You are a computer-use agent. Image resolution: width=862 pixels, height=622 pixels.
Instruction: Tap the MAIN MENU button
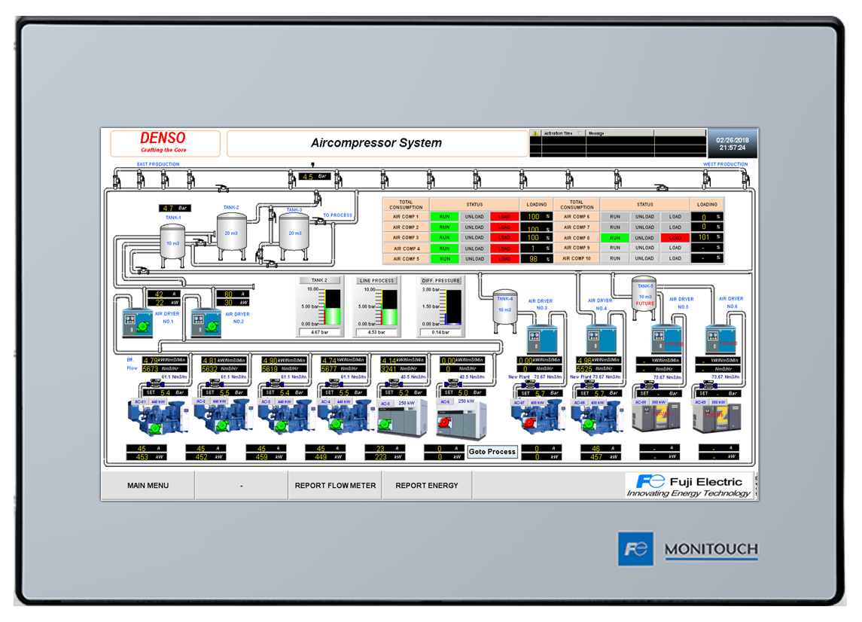point(148,486)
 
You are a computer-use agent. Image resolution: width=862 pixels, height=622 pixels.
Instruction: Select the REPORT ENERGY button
point(426,486)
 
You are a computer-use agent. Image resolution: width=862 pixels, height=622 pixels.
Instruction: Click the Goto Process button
point(492,452)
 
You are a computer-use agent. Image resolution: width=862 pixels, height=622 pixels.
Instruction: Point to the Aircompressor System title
point(376,143)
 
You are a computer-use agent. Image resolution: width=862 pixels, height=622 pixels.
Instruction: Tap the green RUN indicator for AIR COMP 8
point(615,237)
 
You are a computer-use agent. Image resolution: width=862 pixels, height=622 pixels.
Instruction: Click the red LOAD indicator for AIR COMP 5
point(504,258)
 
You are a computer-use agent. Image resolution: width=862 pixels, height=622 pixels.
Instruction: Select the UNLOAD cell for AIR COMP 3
point(474,237)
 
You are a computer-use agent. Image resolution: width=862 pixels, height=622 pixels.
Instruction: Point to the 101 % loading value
point(705,237)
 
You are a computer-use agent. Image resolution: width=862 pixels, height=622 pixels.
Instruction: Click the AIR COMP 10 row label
point(577,258)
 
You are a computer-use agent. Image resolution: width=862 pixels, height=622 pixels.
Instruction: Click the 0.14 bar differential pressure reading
point(440,332)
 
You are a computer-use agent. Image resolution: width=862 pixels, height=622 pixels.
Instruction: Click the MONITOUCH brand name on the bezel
point(711,549)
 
